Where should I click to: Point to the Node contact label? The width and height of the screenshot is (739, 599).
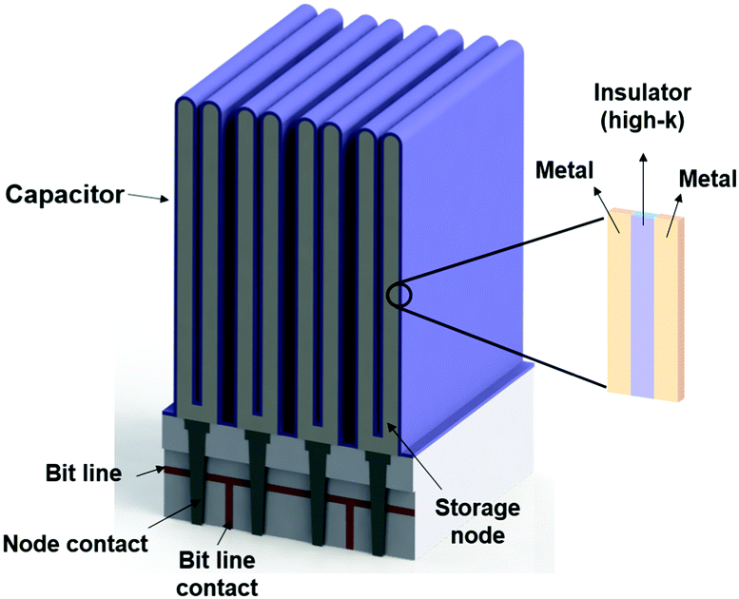click(76, 543)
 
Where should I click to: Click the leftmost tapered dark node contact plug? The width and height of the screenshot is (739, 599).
click(201, 475)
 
